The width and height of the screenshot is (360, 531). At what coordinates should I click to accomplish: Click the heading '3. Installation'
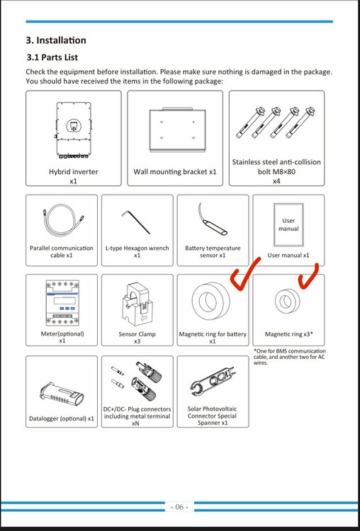56,40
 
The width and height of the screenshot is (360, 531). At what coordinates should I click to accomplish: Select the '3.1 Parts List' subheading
52,57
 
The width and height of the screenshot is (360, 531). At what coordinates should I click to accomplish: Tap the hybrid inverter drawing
73,130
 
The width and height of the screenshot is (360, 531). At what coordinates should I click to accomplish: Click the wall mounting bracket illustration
177,130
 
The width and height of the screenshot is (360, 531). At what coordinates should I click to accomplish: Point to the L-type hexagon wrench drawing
136,222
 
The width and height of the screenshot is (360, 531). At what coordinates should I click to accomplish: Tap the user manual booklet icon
288,225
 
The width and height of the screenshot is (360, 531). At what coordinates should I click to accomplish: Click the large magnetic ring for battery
211,301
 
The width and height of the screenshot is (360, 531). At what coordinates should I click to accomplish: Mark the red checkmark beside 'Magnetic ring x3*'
308,274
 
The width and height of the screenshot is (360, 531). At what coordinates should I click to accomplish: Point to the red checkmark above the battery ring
244,274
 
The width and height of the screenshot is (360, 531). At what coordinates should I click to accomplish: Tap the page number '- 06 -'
180,507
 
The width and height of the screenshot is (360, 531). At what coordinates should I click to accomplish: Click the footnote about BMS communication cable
290,357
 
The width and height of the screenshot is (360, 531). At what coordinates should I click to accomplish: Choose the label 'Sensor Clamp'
137,334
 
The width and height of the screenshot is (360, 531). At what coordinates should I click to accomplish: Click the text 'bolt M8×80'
276,171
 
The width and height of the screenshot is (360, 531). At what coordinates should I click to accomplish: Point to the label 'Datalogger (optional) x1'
62,418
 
